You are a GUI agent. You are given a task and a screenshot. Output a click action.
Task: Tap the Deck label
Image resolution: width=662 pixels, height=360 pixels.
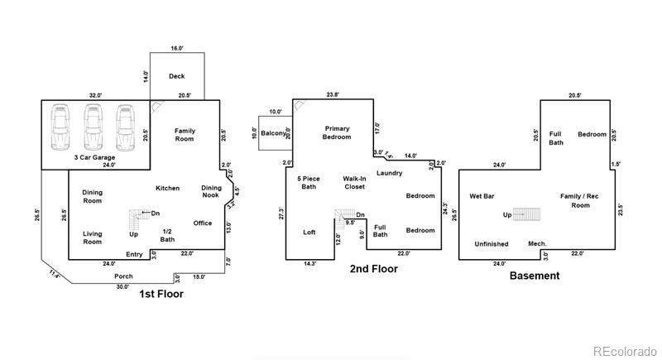point(176,76)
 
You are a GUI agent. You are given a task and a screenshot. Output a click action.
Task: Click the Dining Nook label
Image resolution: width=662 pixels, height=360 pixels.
point(211,191)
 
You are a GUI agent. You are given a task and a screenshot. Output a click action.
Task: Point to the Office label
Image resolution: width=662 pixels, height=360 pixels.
point(203,223)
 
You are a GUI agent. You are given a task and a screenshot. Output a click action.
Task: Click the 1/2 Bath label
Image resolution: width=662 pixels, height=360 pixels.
point(167,235)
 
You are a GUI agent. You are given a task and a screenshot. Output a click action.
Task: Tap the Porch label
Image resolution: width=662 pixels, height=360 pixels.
point(123,276)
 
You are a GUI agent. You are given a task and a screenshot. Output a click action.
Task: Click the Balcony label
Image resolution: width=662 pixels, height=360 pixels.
point(274,133)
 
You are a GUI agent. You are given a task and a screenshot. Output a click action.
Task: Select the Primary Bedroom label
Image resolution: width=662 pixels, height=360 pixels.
point(338,132)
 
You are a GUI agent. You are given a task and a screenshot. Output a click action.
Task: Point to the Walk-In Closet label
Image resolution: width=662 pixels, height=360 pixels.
point(355,182)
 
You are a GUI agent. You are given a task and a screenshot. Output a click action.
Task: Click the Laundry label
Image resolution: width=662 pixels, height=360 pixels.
point(389,173)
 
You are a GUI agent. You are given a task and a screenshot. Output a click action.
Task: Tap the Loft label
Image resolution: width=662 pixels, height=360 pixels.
point(309,232)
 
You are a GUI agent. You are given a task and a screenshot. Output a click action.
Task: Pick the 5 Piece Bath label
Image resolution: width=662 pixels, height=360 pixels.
point(308,182)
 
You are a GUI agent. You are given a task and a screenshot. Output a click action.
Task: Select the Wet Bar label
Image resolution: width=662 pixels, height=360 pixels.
point(482,196)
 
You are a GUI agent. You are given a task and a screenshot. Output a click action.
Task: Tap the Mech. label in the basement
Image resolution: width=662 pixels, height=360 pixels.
point(537,243)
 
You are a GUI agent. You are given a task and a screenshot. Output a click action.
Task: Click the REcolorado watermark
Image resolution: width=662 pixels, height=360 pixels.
point(626,349)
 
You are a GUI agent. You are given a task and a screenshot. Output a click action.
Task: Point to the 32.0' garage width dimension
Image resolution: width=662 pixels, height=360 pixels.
point(95,95)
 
